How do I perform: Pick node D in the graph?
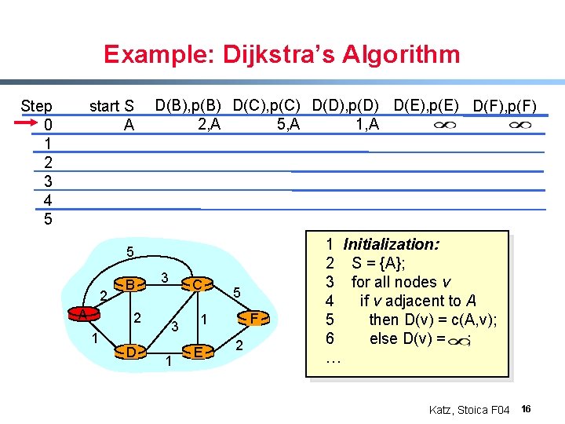tap(130, 351)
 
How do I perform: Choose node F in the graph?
tap(253, 317)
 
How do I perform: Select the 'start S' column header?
tap(112, 106)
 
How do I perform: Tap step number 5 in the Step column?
tap(48, 219)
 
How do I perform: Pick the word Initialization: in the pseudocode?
tap(391, 244)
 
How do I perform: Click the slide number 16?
tap(527, 409)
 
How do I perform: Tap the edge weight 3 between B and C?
tap(164, 277)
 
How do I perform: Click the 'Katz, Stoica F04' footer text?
tap(469, 410)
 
